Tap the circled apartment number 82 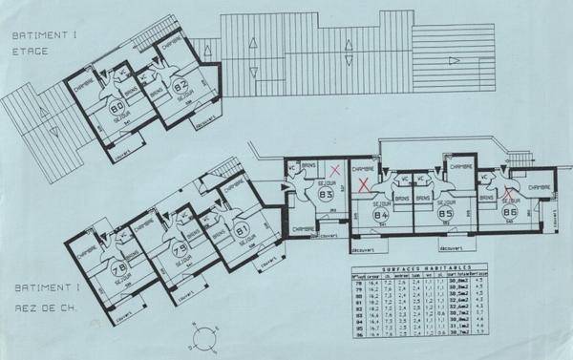(180, 88)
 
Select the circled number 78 (119, 269)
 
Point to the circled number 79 (179, 250)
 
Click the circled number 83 (326, 196)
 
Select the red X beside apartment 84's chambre (363, 183)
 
